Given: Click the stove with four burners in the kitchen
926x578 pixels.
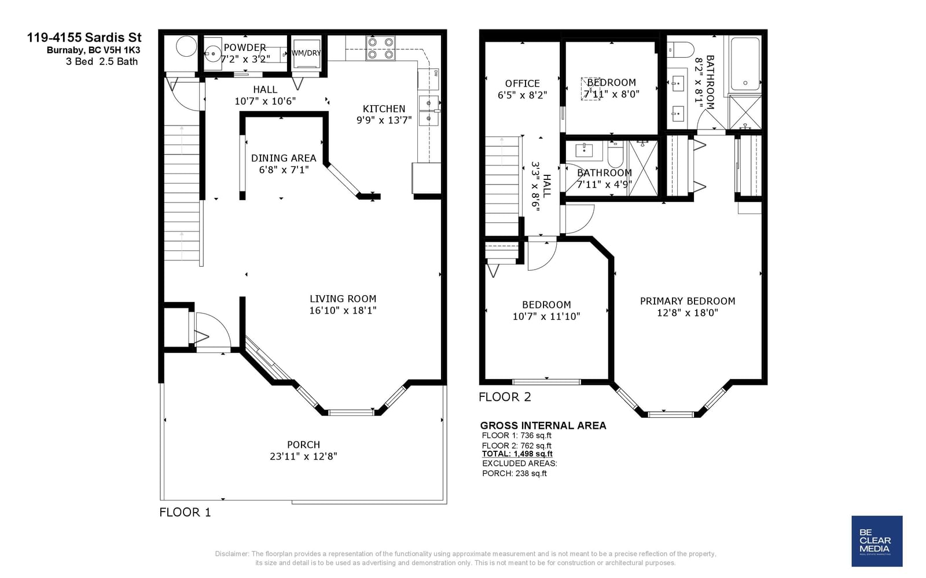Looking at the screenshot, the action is [x=380, y=49].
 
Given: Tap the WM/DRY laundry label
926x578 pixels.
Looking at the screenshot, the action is [x=306, y=53].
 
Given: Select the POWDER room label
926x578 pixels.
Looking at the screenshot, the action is [x=245, y=47].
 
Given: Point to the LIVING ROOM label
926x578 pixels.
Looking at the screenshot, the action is [x=343, y=299].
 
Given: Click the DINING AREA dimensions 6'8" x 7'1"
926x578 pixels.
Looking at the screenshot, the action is [x=284, y=170].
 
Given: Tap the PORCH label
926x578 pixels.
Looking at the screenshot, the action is [x=303, y=445].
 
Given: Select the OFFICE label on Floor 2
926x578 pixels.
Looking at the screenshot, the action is [x=523, y=83].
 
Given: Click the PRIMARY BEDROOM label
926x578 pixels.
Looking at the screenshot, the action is [x=688, y=301].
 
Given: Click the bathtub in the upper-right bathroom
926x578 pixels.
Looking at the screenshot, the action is [x=745, y=64].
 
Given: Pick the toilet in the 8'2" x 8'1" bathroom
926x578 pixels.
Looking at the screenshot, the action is [x=681, y=50].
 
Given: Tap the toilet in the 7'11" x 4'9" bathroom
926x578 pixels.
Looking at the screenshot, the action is [x=616, y=154].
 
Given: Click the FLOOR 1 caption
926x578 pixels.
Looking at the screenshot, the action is [x=185, y=512].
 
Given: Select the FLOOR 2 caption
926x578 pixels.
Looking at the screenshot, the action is [x=505, y=397].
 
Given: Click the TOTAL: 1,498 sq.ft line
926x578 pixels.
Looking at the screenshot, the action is [x=517, y=454].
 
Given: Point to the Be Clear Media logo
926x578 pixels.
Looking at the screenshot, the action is [x=877, y=541].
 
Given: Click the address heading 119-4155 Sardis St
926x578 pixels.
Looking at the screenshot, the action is [x=84, y=38].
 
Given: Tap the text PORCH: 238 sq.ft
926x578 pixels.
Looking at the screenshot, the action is [x=515, y=473].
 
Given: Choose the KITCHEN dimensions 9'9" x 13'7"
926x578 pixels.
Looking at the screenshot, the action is [x=384, y=120].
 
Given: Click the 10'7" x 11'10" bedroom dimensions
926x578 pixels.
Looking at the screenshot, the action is [x=546, y=316].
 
